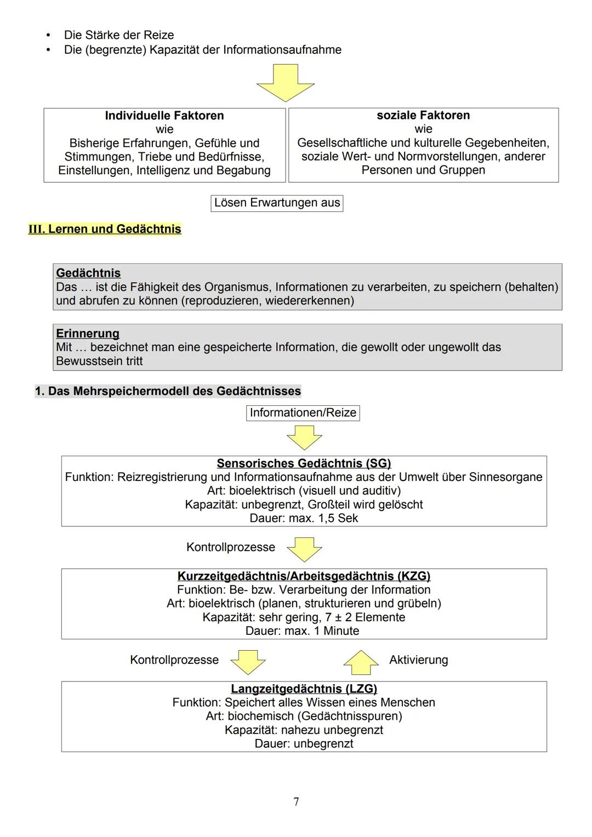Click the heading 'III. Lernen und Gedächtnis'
[x=105, y=229]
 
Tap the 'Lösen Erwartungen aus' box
[x=277, y=203]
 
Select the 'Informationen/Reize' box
[x=303, y=412]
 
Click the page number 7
[x=296, y=801]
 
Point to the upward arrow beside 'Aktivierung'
[x=361, y=662]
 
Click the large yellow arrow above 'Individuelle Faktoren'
[x=286, y=83]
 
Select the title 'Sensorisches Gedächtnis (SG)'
[x=304, y=463]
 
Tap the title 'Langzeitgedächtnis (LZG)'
[x=304, y=689]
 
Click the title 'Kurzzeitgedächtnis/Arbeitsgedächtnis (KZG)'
[x=304, y=576]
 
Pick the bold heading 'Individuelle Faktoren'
[x=164, y=116]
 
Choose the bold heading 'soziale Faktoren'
[x=423, y=116]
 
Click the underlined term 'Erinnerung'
[x=88, y=334]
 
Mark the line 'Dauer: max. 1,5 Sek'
[x=304, y=518]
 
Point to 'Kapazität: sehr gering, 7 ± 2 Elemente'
[x=304, y=617]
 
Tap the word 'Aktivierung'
[x=418, y=660]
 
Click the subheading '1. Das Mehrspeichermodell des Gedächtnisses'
[x=168, y=391]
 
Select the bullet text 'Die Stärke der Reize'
[x=119, y=35]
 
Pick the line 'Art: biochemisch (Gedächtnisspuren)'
[x=304, y=716]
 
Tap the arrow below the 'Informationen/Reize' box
[x=304, y=438]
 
